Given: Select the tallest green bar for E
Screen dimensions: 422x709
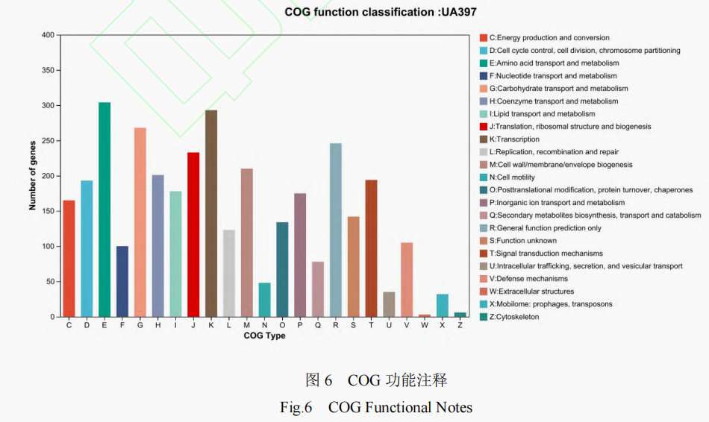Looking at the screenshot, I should pos(104,210).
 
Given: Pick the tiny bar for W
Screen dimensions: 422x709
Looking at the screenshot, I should pos(425,315).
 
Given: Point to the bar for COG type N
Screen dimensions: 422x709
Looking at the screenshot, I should pos(264,300).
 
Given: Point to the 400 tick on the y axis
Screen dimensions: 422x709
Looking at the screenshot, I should pos(48,35).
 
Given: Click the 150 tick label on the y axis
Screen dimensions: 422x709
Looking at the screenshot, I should pos(48,211).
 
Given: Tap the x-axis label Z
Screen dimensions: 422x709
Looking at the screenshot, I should pos(460,326).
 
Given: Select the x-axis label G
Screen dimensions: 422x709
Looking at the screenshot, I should pos(140,326).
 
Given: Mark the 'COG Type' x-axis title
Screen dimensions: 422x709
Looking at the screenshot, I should pos(264,336).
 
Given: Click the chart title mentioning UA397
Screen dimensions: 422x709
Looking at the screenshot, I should pos(380,12).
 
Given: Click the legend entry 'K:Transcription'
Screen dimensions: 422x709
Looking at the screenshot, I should pos(514,139).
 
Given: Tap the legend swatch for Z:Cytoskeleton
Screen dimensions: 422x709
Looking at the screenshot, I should pos(484,317).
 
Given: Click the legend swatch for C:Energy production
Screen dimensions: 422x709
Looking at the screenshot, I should pos(484,38).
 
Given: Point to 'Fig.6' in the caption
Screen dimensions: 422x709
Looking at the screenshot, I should pos(296,407).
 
